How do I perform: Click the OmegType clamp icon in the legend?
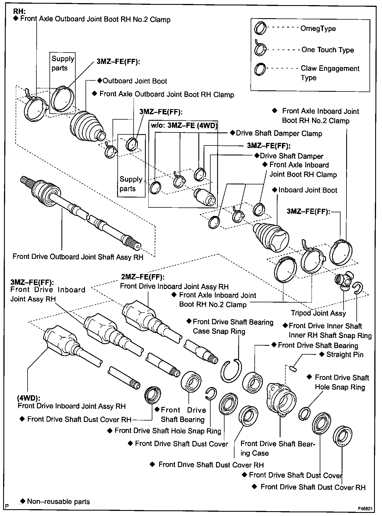pyautogui.click(x=260, y=28)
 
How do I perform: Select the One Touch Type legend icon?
pyautogui.click(x=260, y=49)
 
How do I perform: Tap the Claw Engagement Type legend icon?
pyautogui.click(x=260, y=69)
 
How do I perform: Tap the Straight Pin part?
pyautogui.click(x=293, y=369)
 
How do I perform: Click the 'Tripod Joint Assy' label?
pyautogui.click(x=318, y=313)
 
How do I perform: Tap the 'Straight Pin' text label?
pyautogui.click(x=344, y=354)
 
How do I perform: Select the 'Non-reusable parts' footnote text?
pyautogui.click(x=58, y=502)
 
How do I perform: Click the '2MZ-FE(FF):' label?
pyautogui.click(x=143, y=276)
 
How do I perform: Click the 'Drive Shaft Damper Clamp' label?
pyautogui.click(x=279, y=133)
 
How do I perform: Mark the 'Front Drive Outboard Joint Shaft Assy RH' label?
pyautogui.click(x=78, y=257)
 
